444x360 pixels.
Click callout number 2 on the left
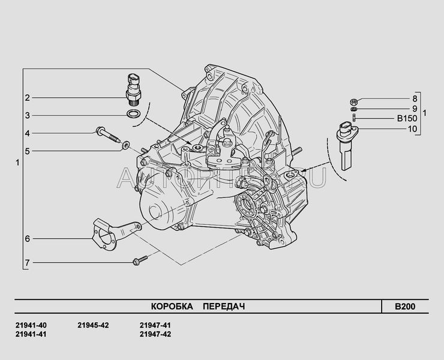(x=27, y=98)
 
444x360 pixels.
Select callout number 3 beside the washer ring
(x=27, y=115)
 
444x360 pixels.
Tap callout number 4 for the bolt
(x=27, y=133)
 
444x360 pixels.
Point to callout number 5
(x=27, y=151)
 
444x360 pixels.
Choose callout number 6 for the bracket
(x=27, y=239)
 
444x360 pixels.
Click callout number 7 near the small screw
(x=27, y=262)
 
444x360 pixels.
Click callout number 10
(x=412, y=129)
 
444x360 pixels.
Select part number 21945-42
(x=93, y=325)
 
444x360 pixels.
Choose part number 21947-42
(x=155, y=334)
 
